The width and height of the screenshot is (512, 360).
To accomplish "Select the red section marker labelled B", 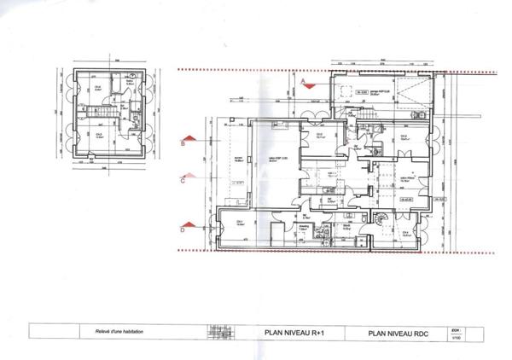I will click(183, 145).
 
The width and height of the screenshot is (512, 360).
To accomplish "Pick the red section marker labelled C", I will click(183, 180).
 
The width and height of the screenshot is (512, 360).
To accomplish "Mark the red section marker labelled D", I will click(183, 228).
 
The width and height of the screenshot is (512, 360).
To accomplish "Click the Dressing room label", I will click(304, 228).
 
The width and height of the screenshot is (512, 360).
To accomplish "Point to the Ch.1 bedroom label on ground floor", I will click(241, 224).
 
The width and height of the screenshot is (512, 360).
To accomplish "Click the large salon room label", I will click(276, 158).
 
